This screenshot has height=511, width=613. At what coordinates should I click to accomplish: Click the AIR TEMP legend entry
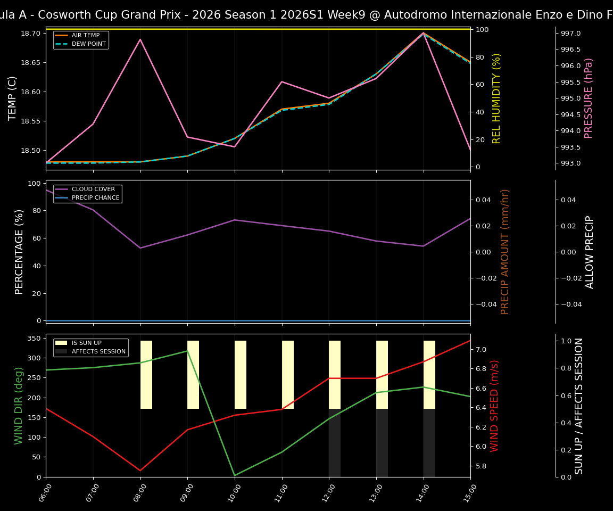click(x=85, y=36)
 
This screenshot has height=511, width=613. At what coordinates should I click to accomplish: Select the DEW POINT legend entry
click(x=88, y=44)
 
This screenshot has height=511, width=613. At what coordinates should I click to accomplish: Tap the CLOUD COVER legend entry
click(x=93, y=189)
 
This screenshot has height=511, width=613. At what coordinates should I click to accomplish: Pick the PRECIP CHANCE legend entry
click(x=95, y=197)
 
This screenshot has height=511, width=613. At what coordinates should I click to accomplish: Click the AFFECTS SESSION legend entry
click(x=98, y=351)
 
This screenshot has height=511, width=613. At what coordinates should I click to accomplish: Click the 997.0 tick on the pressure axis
click(x=571, y=34)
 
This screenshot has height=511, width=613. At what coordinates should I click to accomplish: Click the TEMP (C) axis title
click(x=13, y=98)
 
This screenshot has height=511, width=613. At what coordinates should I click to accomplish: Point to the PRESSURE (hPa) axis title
click(x=589, y=98)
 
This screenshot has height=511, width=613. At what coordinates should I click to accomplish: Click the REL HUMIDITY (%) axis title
click(x=497, y=98)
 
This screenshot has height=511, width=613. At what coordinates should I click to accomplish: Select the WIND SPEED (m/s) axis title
click(x=495, y=406)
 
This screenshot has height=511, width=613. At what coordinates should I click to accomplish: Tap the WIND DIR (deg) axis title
click(x=19, y=406)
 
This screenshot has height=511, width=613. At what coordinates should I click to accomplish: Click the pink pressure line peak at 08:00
click(x=140, y=39)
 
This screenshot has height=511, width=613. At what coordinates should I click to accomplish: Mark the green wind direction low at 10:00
click(x=235, y=475)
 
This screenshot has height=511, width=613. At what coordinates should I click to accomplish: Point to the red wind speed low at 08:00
click(x=140, y=471)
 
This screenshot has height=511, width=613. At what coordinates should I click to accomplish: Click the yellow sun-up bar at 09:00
click(x=193, y=375)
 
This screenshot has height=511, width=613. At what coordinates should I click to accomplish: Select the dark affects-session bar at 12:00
click(x=335, y=443)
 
